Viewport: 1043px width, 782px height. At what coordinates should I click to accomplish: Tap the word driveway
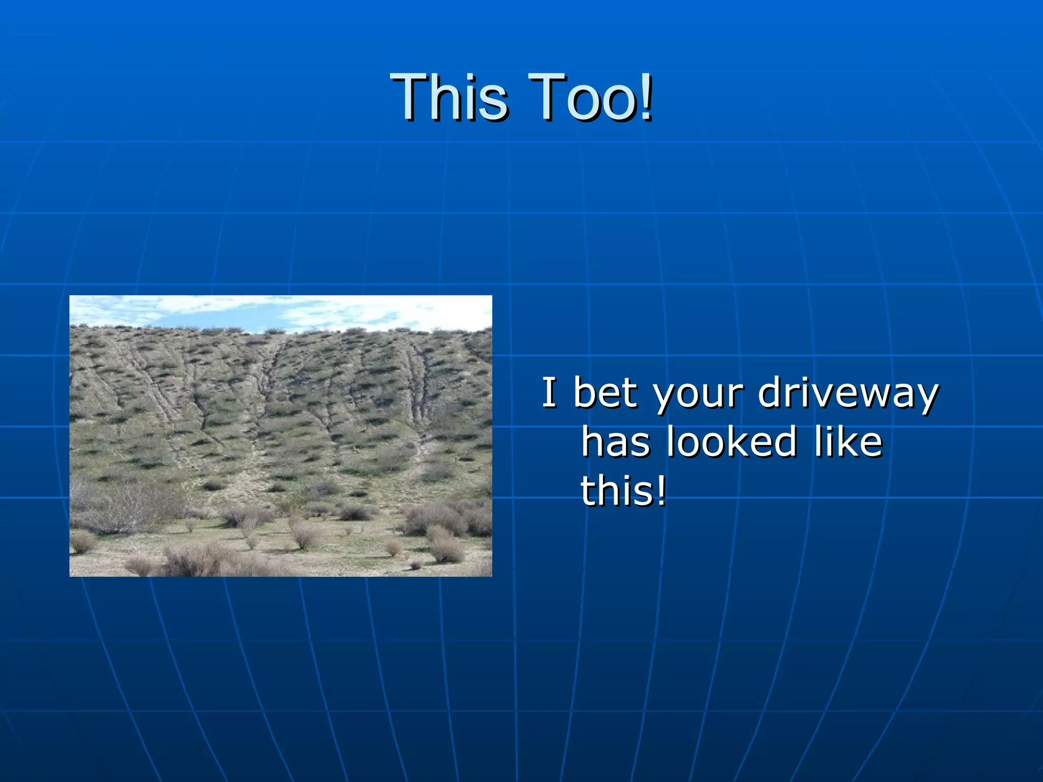848,393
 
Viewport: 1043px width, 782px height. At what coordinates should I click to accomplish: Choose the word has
616,441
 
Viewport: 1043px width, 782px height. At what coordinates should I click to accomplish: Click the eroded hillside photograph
281,436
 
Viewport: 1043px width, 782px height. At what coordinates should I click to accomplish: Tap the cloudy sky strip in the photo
281,312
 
